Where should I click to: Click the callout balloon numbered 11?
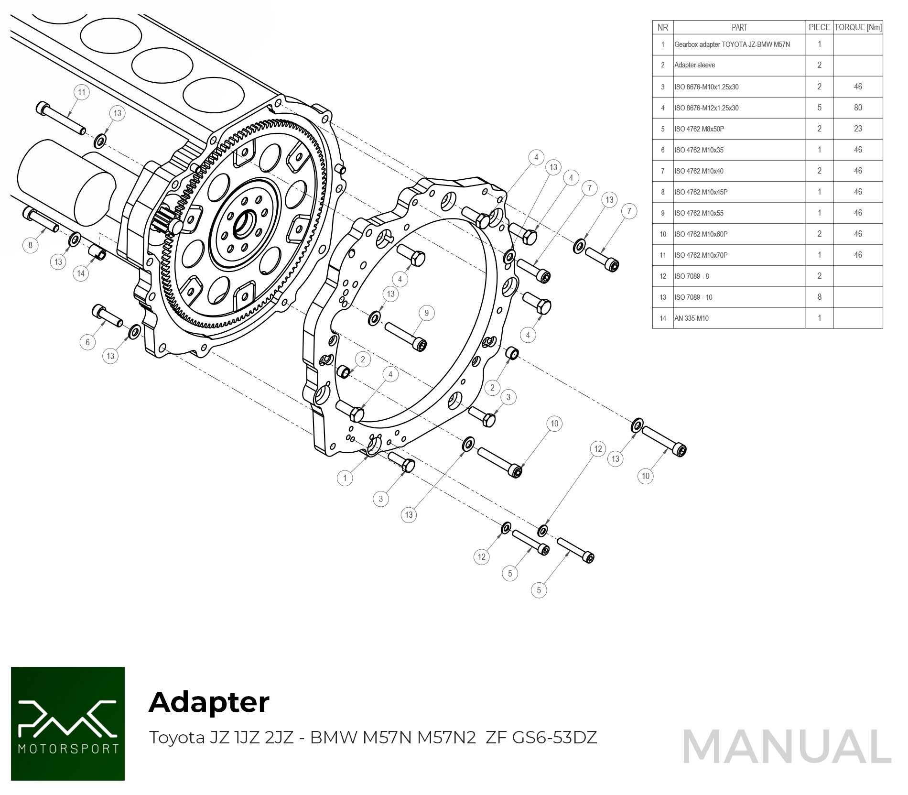pos(82,92)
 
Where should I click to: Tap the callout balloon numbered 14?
pos(81,273)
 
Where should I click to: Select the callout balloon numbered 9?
pos(427,313)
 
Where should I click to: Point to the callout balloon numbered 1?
pos(345,478)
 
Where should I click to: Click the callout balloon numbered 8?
pos(31,245)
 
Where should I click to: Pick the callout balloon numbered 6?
pos(87,342)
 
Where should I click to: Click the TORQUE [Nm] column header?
pos(858,27)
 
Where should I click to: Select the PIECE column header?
pos(819,27)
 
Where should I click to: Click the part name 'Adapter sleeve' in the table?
pos(694,65)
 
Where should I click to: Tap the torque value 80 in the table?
pos(858,108)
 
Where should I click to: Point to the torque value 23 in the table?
pos(858,129)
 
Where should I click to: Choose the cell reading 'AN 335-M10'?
pos(691,318)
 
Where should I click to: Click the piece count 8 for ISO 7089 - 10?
pos(819,297)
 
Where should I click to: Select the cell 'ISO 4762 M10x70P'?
pos(701,255)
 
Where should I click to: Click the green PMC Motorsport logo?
pos(68,723)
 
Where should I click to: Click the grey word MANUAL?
pos(787,747)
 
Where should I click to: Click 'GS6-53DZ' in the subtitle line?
pos(554,738)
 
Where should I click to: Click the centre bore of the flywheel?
pos(244,225)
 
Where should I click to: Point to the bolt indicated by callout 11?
pos(61,118)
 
